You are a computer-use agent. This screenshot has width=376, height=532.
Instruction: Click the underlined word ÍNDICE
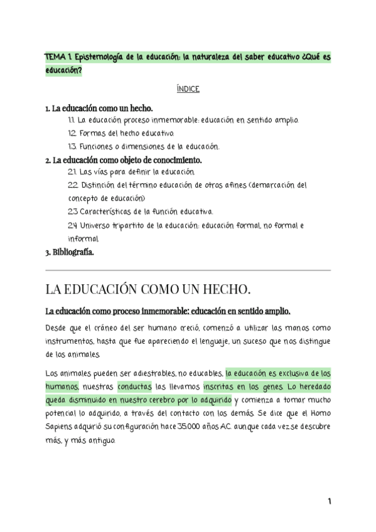pos(188,90)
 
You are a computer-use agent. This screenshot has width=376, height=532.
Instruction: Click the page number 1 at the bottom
pos(329,502)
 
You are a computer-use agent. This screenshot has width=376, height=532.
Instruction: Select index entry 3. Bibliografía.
pos(70,253)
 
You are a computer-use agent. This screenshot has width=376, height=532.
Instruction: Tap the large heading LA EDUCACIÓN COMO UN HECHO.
pos(148,289)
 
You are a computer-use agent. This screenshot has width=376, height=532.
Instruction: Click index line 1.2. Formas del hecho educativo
pos(121,133)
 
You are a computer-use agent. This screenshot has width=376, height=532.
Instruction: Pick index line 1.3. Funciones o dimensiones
pos(144,146)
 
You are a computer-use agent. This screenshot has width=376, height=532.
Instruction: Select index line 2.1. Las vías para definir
pos(132,172)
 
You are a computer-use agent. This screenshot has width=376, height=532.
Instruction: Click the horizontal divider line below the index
pos(188,270)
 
